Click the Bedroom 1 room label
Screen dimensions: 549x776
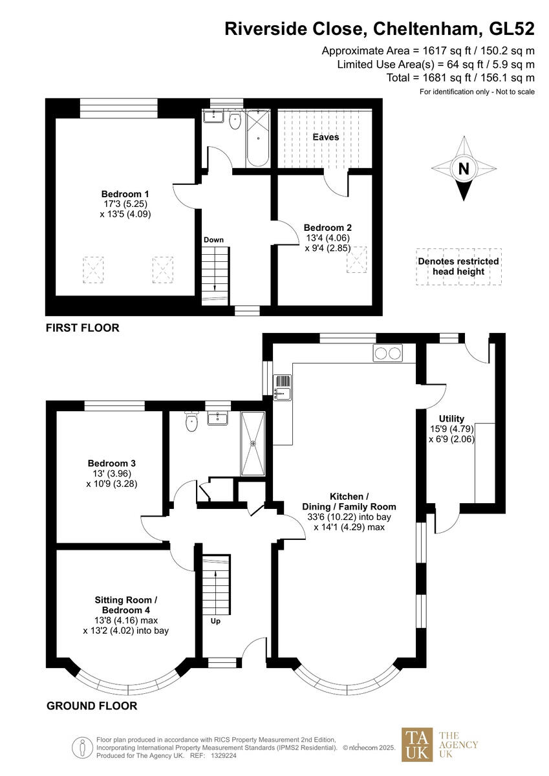(125, 194)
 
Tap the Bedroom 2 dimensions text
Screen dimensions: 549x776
(328, 242)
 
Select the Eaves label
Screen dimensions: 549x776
(325, 137)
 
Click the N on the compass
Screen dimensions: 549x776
(463, 169)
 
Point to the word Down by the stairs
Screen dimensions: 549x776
(213, 240)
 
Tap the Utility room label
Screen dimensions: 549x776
(451, 419)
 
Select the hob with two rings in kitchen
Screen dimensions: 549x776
(387, 353)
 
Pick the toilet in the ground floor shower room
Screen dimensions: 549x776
(191, 423)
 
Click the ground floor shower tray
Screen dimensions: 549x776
(253, 443)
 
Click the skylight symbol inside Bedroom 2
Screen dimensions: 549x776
(357, 260)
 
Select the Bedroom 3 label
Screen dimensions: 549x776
(112, 463)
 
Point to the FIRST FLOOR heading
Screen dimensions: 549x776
(82, 328)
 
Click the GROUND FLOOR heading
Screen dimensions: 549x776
(92, 706)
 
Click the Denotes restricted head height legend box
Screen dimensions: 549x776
(458, 266)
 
